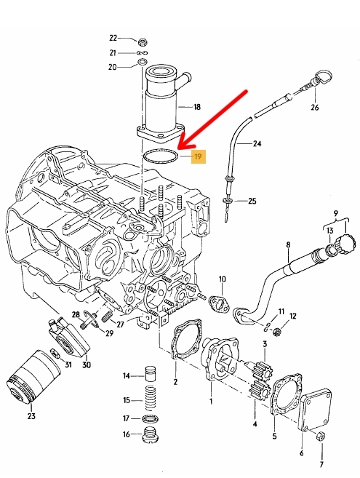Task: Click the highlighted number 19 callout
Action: [x=198, y=156]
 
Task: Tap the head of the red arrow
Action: [x=179, y=148]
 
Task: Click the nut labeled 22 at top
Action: [x=142, y=41]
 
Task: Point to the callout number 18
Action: [x=197, y=107]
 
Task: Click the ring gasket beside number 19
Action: [x=161, y=157]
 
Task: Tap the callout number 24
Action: [x=257, y=143]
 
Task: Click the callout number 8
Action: [x=288, y=244]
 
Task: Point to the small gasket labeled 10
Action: [x=220, y=305]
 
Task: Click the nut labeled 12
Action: [x=277, y=331]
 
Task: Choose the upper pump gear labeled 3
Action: [x=264, y=369]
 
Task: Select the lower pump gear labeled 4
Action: [x=260, y=391]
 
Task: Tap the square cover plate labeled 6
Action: [x=316, y=409]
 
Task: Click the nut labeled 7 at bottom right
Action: [x=321, y=437]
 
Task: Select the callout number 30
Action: [x=87, y=365]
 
